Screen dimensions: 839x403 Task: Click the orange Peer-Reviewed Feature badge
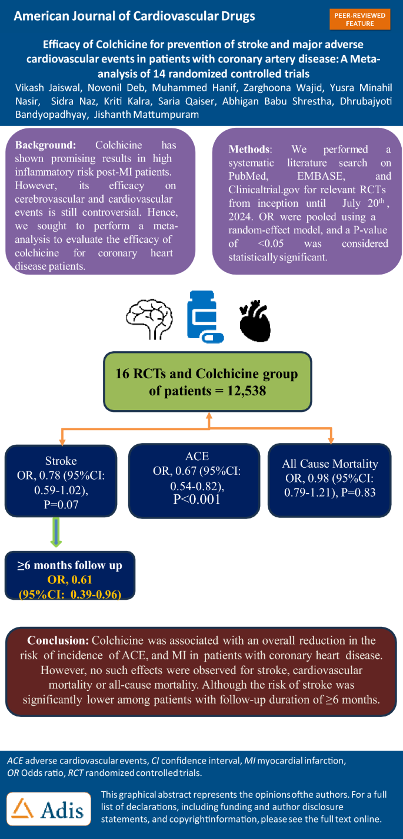[x=360, y=18]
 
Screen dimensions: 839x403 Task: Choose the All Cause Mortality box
[x=330, y=480]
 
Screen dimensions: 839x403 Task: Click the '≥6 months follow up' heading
[x=69, y=565]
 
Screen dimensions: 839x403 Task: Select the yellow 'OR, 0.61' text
[x=69, y=580]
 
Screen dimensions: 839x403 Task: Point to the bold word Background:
[x=45, y=145]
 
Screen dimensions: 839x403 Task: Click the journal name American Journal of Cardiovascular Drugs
[x=134, y=16]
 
